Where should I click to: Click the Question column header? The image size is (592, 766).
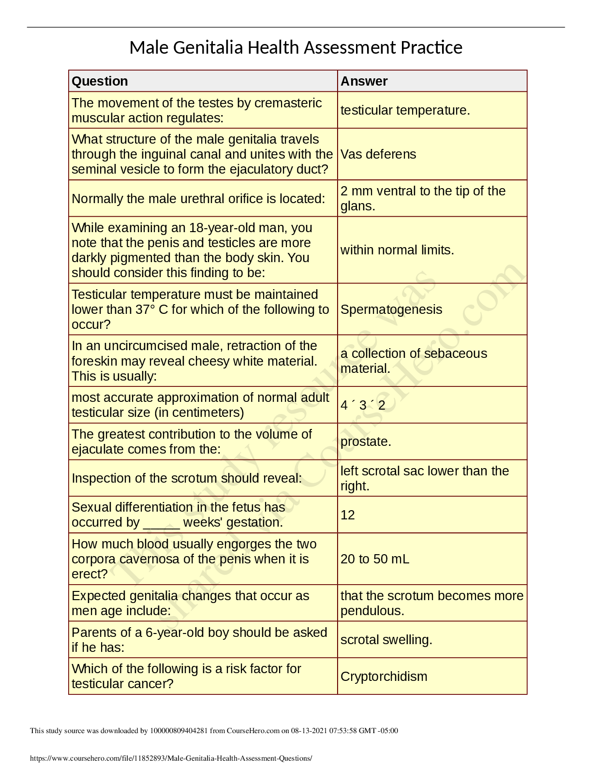point(100,81)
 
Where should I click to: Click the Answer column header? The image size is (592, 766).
point(364,81)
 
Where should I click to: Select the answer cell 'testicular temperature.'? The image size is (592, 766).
point(405,110)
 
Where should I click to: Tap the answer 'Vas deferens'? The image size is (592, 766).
point(378,154)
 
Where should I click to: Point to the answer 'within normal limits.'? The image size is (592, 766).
point(397,250)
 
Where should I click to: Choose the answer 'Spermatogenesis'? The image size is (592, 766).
point(391,309)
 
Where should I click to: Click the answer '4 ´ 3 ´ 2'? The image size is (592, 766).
point(363,405)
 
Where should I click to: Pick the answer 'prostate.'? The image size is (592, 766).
point(366,442)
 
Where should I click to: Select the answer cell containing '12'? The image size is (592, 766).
point(348,515)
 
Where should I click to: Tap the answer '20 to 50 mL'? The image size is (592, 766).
point(375,559)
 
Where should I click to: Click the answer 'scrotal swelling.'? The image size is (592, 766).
point(386,640)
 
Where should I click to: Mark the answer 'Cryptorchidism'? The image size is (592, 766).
point(384,677)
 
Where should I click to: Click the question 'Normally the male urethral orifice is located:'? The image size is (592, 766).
point(198,199)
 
